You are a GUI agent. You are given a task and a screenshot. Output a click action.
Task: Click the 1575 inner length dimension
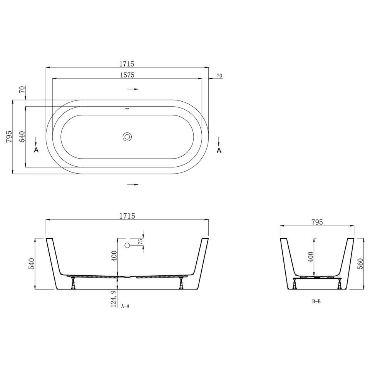pyautogui.click(x=127, y=75)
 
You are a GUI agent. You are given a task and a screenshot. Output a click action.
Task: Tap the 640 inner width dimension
pyautogui.click(x=22, y=137)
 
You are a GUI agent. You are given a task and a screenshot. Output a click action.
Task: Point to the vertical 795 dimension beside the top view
pyautogui.click(x=9, y=137)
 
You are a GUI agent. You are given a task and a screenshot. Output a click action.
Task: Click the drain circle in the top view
pyautogui.click(x=127, y=136)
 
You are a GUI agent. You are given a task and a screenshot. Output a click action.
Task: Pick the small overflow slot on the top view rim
pyautogui.click(x=127, y=108)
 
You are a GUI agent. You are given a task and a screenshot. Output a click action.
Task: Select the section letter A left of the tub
pyautogui.click(x=36, y=150)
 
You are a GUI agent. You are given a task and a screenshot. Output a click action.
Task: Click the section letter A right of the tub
pyautogui.click(x=219, y=150)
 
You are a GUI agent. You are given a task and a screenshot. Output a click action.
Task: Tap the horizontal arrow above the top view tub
pyautogui.click(x=133, y=89)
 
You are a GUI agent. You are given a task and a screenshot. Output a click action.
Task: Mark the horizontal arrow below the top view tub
pyautogui.click(x=133, y=185)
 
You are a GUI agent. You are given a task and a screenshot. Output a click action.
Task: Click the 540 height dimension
pyautogui.click(x=32, y=264)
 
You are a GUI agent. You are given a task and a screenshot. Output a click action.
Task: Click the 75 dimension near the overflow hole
pyautogui.click(x=141, y=241)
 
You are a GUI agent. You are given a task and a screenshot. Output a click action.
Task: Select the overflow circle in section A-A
pyautogui.click(x=127, y=245)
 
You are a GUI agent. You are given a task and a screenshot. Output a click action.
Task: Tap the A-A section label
pyautogui.click(x=126, y=307)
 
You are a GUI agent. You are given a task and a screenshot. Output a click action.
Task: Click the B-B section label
pyautogui.click(x=316, y=301)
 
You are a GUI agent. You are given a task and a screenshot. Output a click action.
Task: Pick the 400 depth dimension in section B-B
pyautogui.click(x=311, y=256)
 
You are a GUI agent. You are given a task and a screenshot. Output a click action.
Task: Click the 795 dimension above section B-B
pyautogui.click(x=316, y=222)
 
